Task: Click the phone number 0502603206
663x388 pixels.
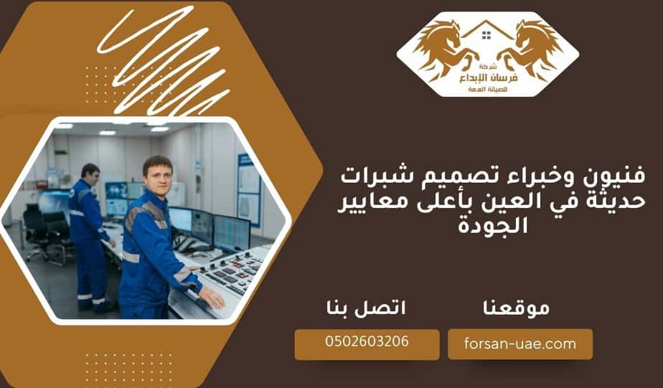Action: [367, 342]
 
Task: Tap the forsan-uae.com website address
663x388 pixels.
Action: [519, 344]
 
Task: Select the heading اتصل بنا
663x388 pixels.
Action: [365, 308]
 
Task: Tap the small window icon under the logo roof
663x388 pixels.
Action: [486, 34]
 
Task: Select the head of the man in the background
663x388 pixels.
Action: [90, 174]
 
